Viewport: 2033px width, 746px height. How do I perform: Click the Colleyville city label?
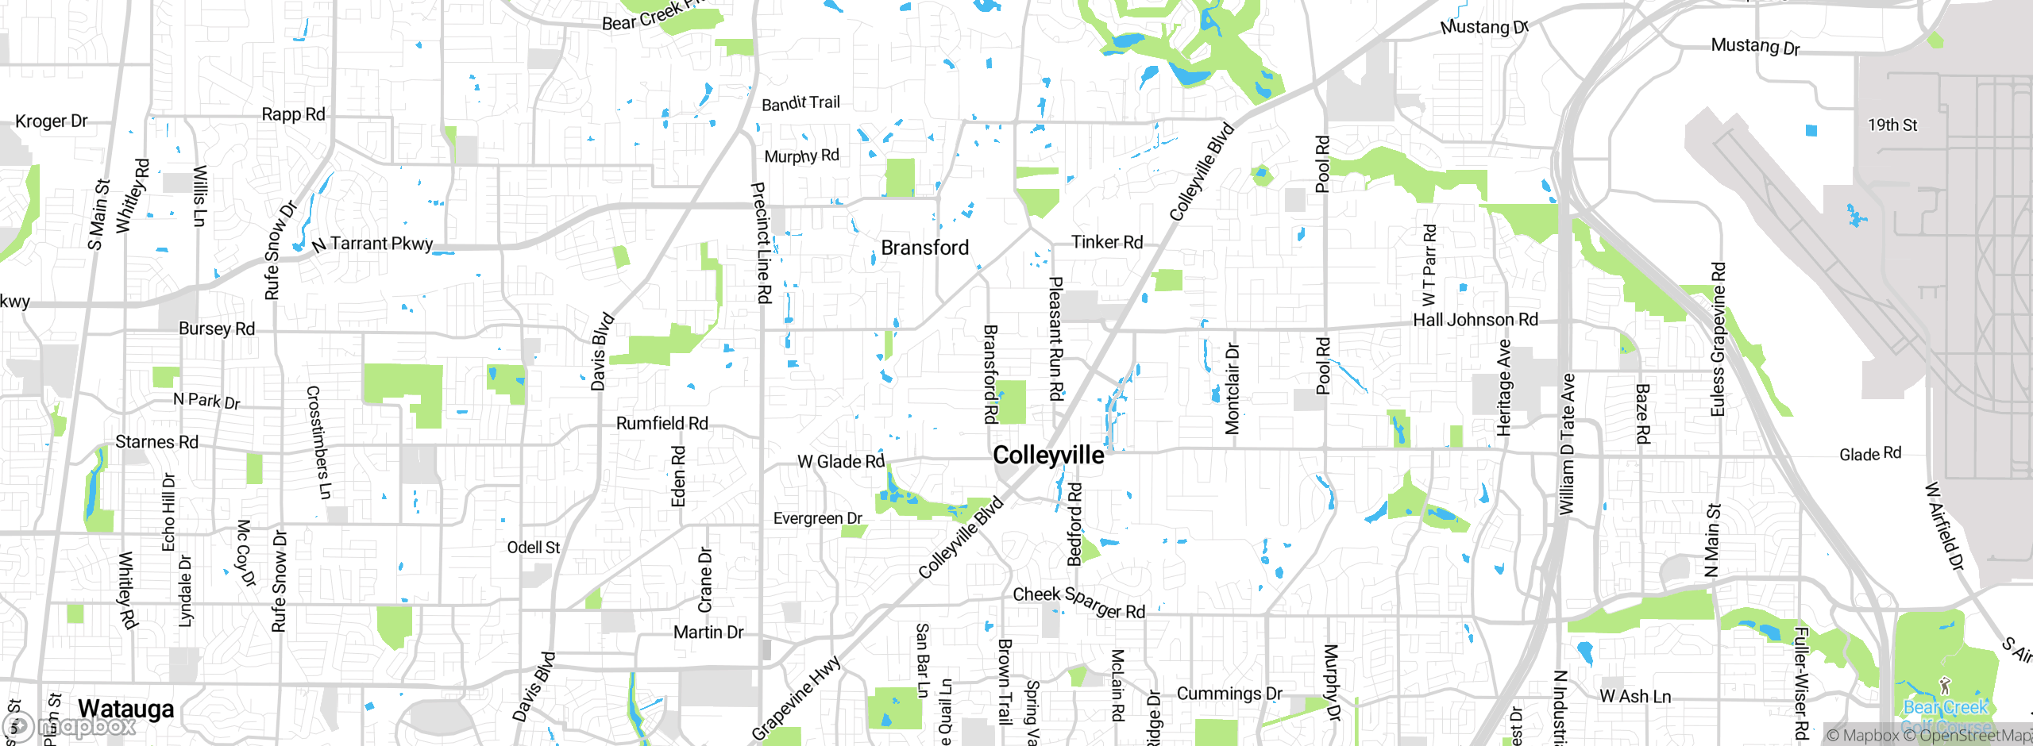[1048, 456]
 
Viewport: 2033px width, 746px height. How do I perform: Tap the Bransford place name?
[925, 248]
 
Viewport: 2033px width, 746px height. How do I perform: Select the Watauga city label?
[125, 709]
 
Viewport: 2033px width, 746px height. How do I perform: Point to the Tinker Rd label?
[1107, 242]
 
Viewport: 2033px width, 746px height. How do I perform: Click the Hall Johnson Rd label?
[1476, 320]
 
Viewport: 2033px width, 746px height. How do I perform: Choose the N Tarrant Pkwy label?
[372, 244]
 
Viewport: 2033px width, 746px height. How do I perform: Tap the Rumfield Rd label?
[662, 424]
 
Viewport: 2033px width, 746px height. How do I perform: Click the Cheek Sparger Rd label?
[1078, 602]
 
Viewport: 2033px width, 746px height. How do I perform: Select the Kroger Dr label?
[52, 121]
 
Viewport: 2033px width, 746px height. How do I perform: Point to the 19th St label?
[1892, 125]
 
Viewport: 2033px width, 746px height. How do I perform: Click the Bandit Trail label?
[800, 103]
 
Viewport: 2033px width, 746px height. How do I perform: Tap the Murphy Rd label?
[801, 156]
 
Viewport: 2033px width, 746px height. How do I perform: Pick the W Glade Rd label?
[841, 462]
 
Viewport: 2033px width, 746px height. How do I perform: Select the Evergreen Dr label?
[818, 518]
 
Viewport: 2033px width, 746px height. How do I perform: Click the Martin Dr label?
[708, 633]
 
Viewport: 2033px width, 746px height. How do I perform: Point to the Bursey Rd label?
[217, 329]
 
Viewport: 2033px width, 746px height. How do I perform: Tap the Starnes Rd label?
[157, 442]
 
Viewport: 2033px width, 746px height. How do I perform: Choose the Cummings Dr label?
[1229, 694]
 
